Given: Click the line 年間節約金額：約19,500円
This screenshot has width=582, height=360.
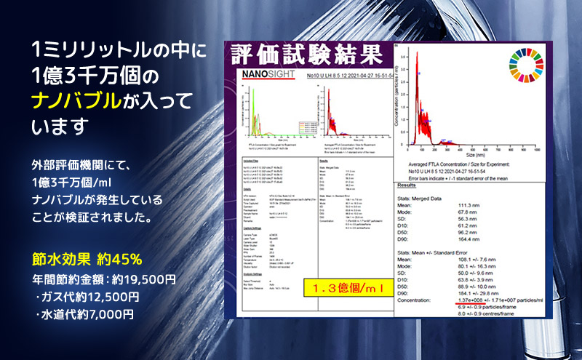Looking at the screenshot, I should tap(104, 278).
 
